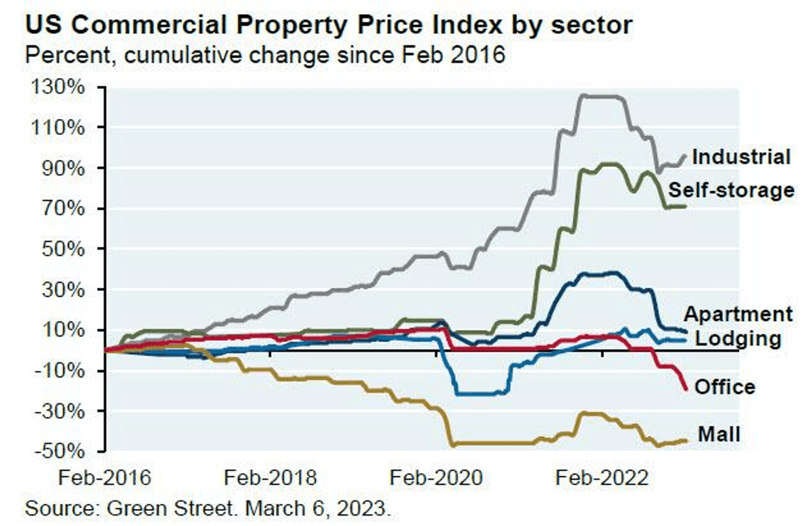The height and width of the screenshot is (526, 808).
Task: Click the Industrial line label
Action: coord(741,156)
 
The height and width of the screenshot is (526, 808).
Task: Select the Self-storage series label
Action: coord(732,190)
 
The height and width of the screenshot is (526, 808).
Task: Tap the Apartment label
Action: coord(738,314)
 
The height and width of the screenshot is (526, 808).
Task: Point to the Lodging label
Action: coord(738,339)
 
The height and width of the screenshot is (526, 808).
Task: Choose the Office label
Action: coord(725,386)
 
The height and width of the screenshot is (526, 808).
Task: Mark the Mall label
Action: coord(719,434)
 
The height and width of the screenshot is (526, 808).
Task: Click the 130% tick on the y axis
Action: coord(58,87)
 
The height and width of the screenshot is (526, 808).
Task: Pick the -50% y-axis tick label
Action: coord(59,451)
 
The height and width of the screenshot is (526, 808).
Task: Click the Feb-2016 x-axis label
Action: coord(104,478)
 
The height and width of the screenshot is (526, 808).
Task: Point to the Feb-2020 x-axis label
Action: coord(436,478)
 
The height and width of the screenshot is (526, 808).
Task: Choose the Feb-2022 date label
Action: coord(602,478)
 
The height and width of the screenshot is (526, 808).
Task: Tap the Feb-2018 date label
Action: coord(270,478)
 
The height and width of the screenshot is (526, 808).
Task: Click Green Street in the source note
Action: coord(170,508)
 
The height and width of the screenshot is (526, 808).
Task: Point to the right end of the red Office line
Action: coord(686,389)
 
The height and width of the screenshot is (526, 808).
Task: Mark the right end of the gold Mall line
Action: coord(686,440)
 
